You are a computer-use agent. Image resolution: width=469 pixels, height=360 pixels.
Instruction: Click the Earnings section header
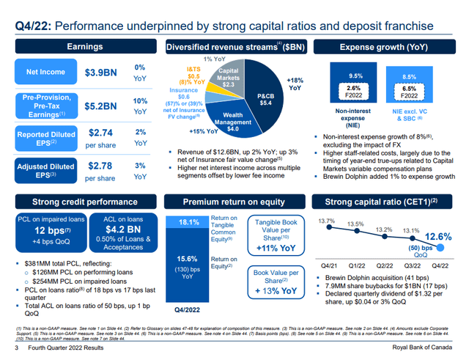click(x=84, y=46)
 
